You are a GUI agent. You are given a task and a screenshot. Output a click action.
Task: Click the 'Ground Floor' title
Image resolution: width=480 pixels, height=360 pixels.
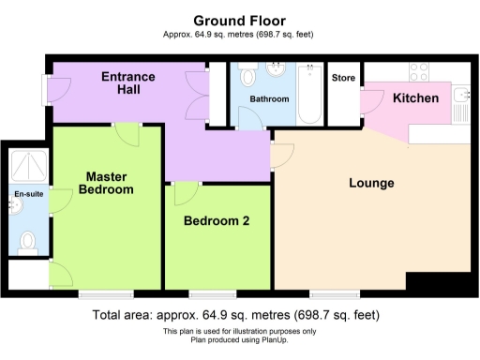point(239,20)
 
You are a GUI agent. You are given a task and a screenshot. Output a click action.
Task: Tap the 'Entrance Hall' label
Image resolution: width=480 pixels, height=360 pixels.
point(128,83)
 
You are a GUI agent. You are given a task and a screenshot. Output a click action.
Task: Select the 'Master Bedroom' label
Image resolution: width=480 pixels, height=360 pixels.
point(107,182)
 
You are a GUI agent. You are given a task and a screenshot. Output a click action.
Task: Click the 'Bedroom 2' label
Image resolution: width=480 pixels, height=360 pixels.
point(217,221)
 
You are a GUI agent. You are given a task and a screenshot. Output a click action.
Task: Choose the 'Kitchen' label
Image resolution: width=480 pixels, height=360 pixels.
point(415,97)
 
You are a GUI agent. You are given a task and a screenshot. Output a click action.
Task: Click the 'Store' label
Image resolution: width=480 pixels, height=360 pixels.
point(344,78)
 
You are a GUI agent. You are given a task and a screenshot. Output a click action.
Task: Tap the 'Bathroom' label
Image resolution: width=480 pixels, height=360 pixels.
point(269,98)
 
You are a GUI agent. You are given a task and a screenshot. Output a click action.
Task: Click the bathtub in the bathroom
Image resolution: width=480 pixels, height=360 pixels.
point(310,94)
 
